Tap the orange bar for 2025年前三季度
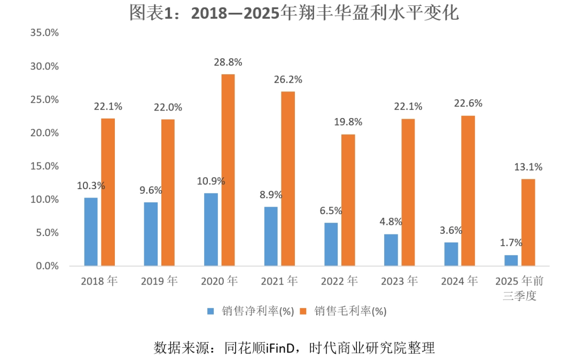click(x=528, y=222)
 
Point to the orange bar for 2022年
click(x=348, y=200)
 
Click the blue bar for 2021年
click(x=271, y=236)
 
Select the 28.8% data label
click(x=228, y=62)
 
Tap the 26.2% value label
click(x=288, y=80)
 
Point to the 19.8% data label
click(x=348, y=122)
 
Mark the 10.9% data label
click(x=211, y=181)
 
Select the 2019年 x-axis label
click(x=159, y=281)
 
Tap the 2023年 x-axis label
click(x=399, y=281)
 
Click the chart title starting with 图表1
click(x=294, y=13)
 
